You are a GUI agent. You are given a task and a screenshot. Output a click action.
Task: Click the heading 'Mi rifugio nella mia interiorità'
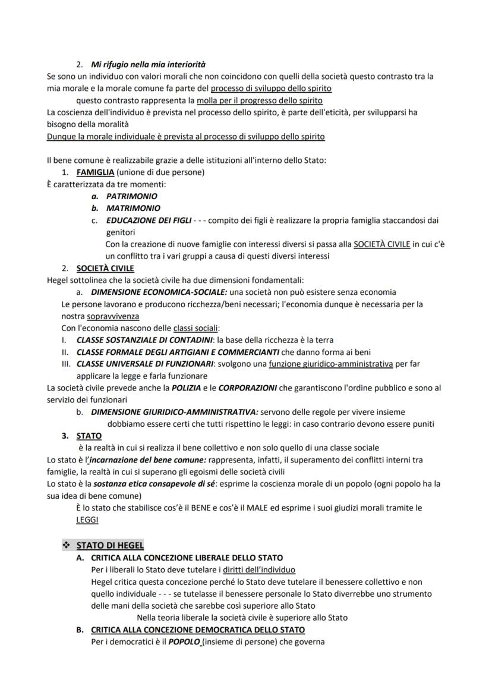tap(148, 64)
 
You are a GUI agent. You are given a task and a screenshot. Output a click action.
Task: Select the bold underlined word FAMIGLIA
tap(95, 172)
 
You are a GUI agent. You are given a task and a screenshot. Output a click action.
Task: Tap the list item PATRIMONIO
tap(132, 196)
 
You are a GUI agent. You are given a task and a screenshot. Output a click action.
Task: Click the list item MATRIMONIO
tap(133, 208)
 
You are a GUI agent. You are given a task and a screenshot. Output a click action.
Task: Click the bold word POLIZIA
tap(186, 388)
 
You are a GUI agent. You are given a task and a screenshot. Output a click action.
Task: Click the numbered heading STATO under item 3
tap(89, 436)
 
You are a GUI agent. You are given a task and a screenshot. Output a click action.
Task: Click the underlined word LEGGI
tap(87, 519)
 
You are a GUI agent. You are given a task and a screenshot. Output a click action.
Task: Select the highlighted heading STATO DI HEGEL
tap(110, 545)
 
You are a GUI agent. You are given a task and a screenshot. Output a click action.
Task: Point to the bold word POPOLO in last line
tap(185, 642)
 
